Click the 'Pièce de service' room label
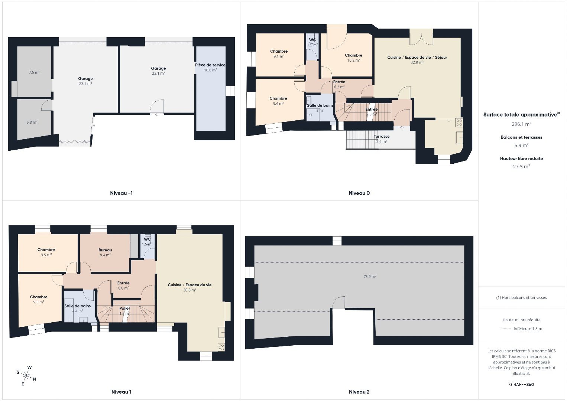click(210, 65)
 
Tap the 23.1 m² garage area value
click(85, 84)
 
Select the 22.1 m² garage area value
click(159, 74)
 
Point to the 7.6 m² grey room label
click(34, 72)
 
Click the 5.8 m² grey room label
click(32, 122)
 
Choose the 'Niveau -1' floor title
click(121, 193)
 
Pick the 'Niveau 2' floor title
click(359, 392)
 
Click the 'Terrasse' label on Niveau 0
click(382, 137)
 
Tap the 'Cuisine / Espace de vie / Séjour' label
click(417, 58)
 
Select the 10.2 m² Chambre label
click(353, 60)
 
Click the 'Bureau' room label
click(105, 250)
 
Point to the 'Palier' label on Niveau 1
click(124, 309)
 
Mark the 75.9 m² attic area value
click(370, 277)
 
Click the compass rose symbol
click(26, 375)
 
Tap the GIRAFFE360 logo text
click(521, 385)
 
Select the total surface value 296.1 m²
click(521, 124)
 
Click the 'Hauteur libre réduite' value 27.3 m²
click(521, 167)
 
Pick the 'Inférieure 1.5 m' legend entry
click(528, 329)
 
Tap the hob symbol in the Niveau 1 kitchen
click(221, 348)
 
